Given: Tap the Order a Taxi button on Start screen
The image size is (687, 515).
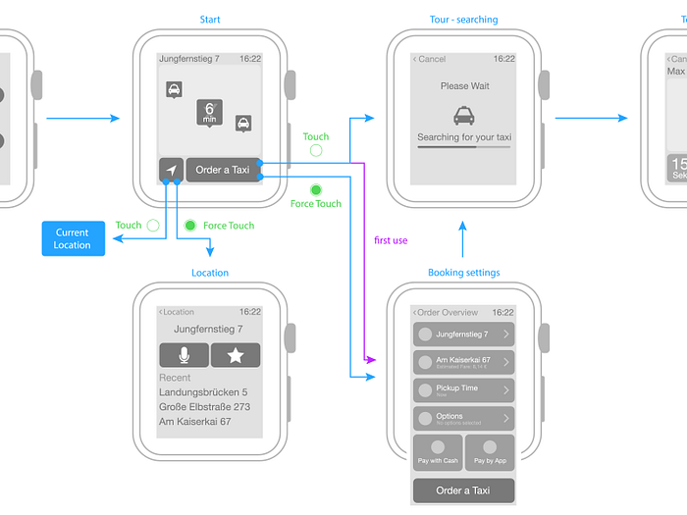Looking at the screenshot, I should click(x=223, y=170).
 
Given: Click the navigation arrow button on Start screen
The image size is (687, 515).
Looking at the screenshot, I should click(x=171, y=170).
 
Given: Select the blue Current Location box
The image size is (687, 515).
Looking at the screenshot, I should click(x=73, y=239).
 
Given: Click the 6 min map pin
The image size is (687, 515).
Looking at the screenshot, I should click(x=209, y=112).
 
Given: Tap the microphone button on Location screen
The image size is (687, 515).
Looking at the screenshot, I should click(x=184, y=356).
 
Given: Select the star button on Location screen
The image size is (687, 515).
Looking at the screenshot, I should click(x=236, y=356).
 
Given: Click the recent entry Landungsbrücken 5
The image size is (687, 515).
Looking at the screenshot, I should click(x=202, y=392).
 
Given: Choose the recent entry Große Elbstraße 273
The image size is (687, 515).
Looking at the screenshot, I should click(x=204, y=407).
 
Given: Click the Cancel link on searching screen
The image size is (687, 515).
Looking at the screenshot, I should click(x=429, y=59).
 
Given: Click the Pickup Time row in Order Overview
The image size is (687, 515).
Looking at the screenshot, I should click(x=463, y=390).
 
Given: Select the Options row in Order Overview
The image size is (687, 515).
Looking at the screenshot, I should click(x=463, y=419).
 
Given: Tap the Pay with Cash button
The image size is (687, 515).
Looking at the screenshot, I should click(x=438, y=454).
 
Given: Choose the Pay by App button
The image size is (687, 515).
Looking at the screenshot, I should click(x=490, y=454).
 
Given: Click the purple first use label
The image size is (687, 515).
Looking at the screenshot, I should click(x=392, y=239).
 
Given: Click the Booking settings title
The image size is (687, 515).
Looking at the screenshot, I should click(x=463, y=273).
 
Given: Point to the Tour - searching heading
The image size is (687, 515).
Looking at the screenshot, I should click(x=463, y=20).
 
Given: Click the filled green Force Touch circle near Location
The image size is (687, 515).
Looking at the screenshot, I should click(x=190, y=226).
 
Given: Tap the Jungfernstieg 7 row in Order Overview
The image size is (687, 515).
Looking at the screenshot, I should click(x=463, y=335).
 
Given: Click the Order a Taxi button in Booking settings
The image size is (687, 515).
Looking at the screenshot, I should click(x=463, y=490).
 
